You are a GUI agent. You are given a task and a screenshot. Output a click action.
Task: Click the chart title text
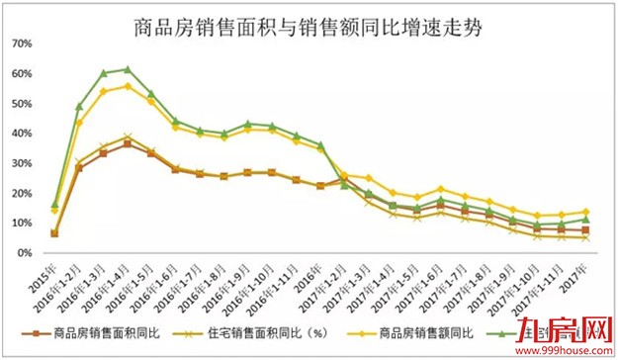(x=309, y=21)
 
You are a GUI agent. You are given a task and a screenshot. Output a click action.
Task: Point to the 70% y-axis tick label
(x=22, y=45)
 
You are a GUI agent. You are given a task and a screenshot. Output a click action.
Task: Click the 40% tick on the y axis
(x=22, y=134)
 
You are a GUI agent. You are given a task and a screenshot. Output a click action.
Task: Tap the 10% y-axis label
(x=22, y=223)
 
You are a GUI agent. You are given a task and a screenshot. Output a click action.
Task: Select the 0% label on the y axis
(x=25, y=252)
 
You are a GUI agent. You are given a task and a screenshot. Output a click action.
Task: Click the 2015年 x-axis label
(x=44, y=270)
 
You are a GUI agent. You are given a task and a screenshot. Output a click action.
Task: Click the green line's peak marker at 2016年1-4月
(x=128, y=69)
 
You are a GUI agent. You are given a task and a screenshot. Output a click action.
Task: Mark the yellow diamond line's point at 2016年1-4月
(x=128, y=86)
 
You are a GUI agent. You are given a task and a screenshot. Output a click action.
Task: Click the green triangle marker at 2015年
(x=54, y=204)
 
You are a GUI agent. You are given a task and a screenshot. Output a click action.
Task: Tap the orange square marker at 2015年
(x=54, y=233)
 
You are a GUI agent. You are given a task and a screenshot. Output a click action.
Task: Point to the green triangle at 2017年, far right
(x=585, y=219)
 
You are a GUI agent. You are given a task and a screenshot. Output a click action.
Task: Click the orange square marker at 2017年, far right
(x=585, y=229)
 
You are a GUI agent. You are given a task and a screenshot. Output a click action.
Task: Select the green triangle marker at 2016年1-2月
(x=79, y=106)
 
